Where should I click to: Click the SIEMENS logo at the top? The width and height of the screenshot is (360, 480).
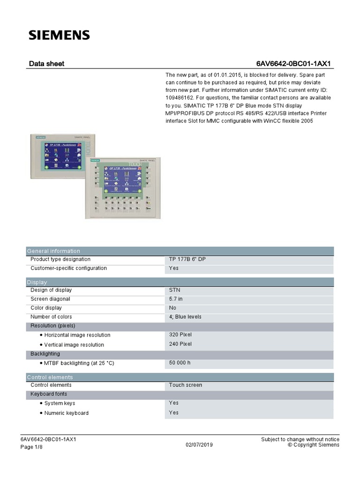click(x=59, y=35)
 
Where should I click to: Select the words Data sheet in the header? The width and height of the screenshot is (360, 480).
click(x=46, y=64)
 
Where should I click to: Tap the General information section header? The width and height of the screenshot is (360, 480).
click(x=53, y=251)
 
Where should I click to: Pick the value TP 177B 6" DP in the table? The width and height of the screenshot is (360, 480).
click(x=187, y=259)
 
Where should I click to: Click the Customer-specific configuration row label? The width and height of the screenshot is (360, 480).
click(x=68, y=268)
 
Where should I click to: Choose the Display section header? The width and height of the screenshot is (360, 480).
click(x=37, y=282)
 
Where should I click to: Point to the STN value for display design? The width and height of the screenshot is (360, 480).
click(x=174, y=290)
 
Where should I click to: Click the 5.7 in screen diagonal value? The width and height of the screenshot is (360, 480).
click(x=176, y=299)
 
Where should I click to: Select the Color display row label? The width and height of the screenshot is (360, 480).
click(x=46, y=308)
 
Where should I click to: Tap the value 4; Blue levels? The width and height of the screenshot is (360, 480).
click(x=185, y=317)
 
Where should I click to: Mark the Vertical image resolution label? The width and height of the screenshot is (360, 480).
click(x=74, y=345)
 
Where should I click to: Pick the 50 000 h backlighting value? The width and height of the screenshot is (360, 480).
click(x=180, y=363)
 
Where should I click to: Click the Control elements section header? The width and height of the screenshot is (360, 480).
click(x=50, y=377)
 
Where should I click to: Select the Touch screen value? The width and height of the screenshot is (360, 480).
click(x=186, y=385)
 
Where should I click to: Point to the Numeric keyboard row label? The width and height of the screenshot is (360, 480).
click(x=66, y=413)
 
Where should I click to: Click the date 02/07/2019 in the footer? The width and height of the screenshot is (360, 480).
click(x=199, y=444)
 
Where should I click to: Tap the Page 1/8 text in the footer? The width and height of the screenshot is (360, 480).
click(x=32, y=447)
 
